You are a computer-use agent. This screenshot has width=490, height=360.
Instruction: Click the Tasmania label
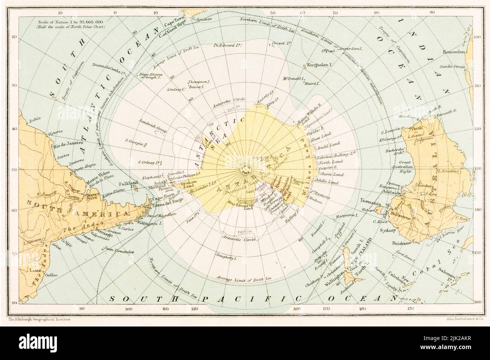362,200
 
